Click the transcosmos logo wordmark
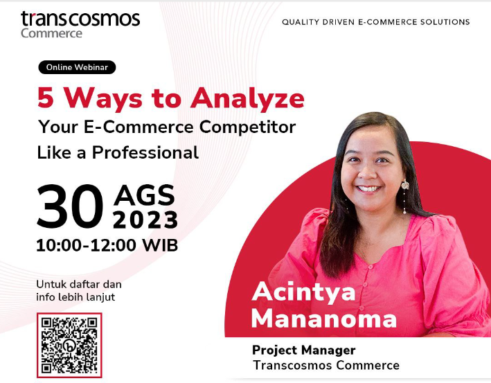[x=80, y=19]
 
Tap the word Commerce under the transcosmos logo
[x=52, y=33]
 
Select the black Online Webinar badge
[x=77, y=67]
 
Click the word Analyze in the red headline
[x=247, y=98]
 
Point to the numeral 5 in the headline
[x=46, y=98]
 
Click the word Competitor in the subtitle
[x=247, y=127]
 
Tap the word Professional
[x=145, y=153]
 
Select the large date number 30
[x=70, y=206]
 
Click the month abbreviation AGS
[x=144, y=195]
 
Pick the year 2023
[x=145, y=220]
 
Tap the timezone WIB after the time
[x=161, y=245]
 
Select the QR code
[x=69, y=346]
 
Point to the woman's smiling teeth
[x=368, y=189]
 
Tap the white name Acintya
[x=303, y=292]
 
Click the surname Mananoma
[x=324, y=319]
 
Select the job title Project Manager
[x=304, y=350]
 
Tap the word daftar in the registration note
[x=85, y=285]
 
